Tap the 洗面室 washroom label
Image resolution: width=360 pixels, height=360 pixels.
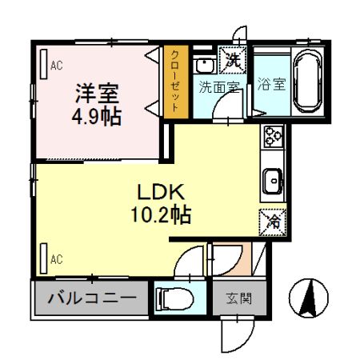click(220, 87)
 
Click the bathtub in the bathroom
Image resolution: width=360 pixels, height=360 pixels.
click(306, 80)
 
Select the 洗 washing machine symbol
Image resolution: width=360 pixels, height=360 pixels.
click(233, 59)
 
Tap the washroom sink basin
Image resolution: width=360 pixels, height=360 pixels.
click(205, 65)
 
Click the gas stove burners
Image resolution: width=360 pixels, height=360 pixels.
click(272, 138)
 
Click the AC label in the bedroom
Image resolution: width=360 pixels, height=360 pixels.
click(57, 66)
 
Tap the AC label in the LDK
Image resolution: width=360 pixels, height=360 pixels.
click(57, 258)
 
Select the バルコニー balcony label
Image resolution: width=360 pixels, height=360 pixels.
click(91, 300)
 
